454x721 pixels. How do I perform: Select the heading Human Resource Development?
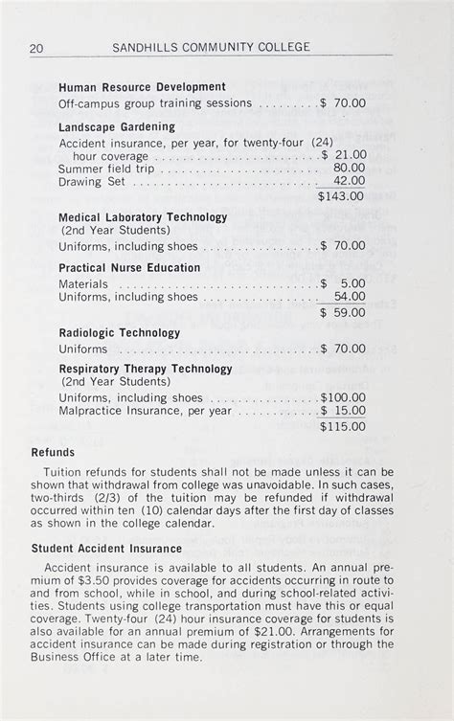142,87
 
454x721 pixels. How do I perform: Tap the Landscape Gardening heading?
117,126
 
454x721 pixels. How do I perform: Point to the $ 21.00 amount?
343,155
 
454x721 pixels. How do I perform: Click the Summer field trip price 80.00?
349,168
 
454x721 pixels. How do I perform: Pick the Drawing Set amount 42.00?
349,181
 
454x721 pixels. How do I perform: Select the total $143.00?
342,196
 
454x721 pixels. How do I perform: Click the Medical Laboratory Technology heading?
143,217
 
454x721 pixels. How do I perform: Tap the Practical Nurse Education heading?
129,268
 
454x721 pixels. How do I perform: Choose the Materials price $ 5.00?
343,284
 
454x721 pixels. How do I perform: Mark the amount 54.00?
349,297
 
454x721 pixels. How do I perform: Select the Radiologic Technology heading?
120,333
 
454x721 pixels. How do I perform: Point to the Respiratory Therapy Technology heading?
146,369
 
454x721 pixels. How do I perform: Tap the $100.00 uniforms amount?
342,397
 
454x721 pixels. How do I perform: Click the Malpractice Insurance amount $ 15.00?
343,411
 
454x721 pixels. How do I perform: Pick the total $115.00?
342,426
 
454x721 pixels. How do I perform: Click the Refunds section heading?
53,452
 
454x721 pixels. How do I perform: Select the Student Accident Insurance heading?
106,549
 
